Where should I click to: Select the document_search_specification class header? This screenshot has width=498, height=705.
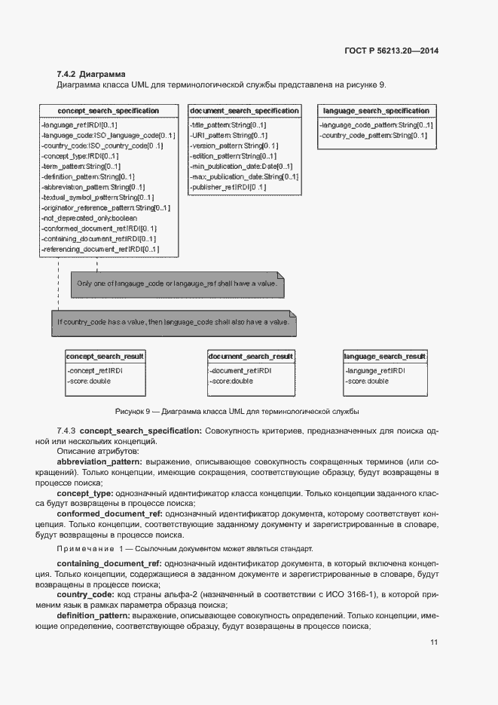[244, 111]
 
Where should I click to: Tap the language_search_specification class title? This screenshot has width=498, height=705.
[376, 111]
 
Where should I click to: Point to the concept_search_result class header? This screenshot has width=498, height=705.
[105, 356]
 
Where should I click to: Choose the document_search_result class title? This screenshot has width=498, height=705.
[250, 356]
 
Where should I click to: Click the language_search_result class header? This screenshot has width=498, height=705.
[385, 356]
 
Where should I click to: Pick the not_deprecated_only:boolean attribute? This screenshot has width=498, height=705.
[90, 218]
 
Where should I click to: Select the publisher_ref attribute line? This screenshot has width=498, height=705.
[229, 187]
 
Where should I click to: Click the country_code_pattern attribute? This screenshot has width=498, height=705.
[374, 135]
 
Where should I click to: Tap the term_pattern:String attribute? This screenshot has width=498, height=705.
[81, 166]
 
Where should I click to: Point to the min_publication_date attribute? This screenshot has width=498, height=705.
[242, 166]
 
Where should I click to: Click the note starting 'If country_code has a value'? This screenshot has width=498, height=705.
[173, 322]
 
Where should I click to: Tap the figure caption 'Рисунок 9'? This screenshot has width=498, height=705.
[237, 411]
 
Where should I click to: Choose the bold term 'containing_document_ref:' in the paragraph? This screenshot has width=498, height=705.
[109, 563]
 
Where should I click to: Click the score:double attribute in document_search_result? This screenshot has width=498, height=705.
[232, 382]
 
